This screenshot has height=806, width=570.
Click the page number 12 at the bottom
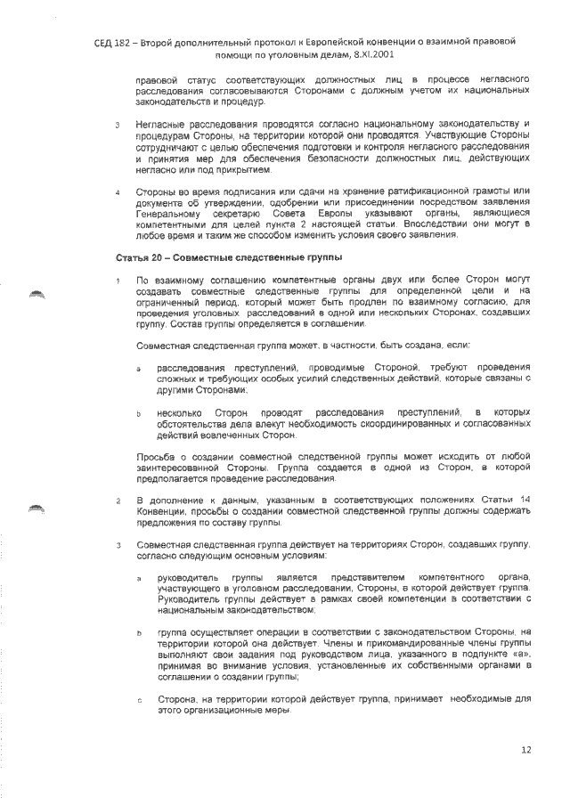[x=525, y=752]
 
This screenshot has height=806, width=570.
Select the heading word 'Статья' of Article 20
[x=132, y=257]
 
